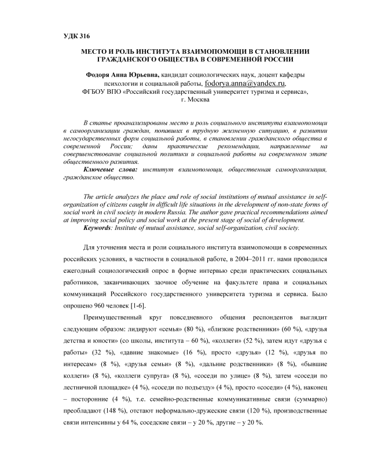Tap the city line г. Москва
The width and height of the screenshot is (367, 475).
pyautogui.click(x=183, y=100)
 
